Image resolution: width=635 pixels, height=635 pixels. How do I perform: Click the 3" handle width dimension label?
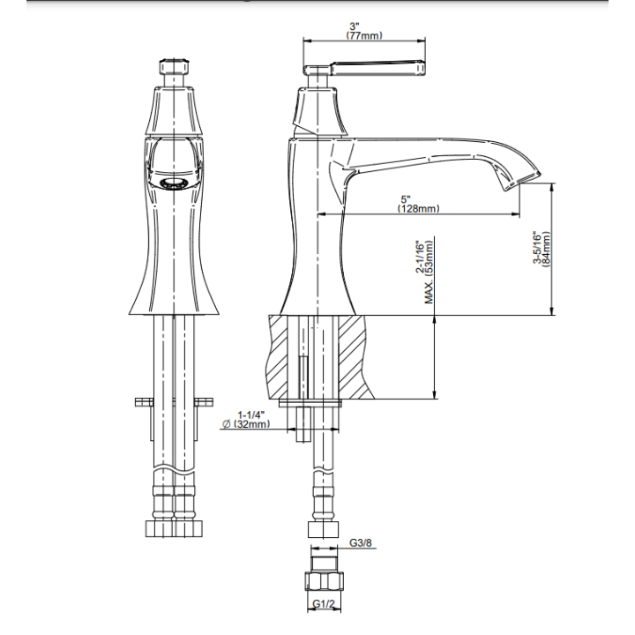(355, 26)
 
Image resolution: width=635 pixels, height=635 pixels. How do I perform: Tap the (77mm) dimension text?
(364, 35)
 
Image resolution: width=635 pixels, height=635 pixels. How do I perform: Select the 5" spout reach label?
(406, 199)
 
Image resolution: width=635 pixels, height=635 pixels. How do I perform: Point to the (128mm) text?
(418, 208)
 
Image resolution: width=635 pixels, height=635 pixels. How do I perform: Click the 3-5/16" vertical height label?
(537, 248)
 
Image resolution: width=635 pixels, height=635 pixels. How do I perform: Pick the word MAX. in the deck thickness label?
(429, 291)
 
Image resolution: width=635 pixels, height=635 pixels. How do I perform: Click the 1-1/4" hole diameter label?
(251, 415)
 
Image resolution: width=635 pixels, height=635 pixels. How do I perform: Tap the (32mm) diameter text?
(251, 424)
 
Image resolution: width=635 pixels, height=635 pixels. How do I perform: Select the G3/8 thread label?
(361, 542)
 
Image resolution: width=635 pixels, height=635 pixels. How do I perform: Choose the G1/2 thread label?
(324, 604)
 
